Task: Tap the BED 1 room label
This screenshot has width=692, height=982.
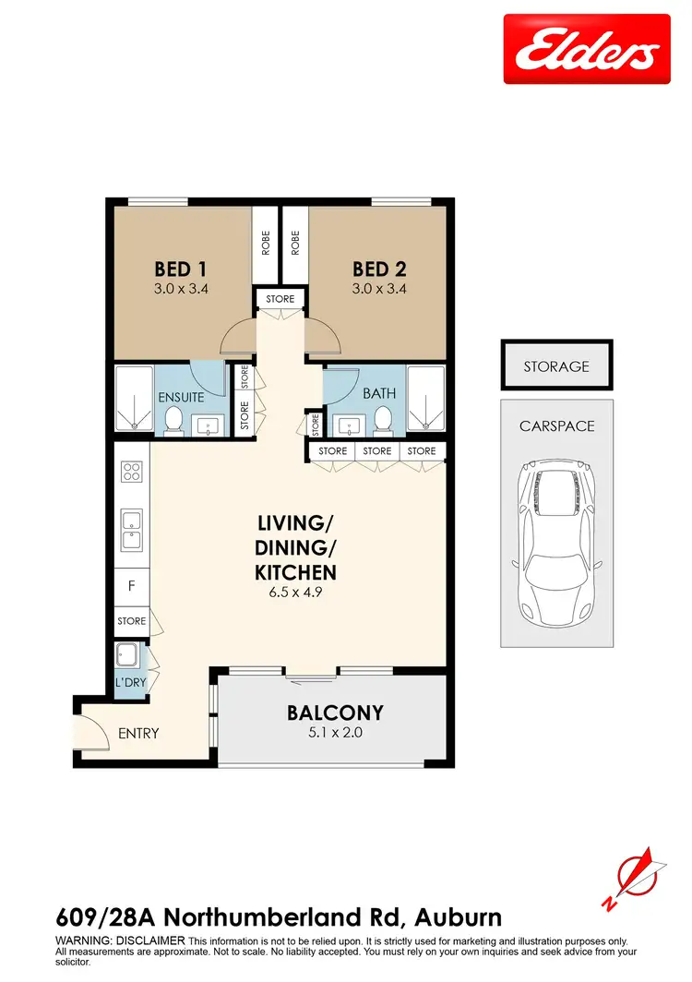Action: coord(180,269)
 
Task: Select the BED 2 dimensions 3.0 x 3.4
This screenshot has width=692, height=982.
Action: coord(379,288)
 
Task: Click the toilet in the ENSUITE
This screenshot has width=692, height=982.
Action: coord(172,420)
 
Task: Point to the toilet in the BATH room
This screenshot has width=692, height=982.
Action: coord(384,420)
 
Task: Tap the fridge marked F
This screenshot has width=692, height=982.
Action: coord(131,584)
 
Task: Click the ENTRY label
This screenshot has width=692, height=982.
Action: coord(138,734)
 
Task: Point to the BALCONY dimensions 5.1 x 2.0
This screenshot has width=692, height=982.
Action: coord(334,735)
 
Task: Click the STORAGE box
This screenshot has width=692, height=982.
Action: coord(555,366)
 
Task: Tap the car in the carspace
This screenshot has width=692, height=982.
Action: coord(556,543)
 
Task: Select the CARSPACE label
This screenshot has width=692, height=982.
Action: coord(556,426)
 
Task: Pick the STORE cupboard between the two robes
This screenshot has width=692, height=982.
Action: coord(280,299)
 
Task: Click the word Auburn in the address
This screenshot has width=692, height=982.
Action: coord(459,918)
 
